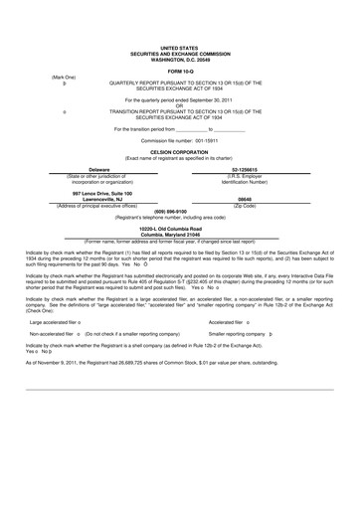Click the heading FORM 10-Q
(179, 72)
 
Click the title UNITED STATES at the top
(179, 47)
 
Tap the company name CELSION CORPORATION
(179, 152)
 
